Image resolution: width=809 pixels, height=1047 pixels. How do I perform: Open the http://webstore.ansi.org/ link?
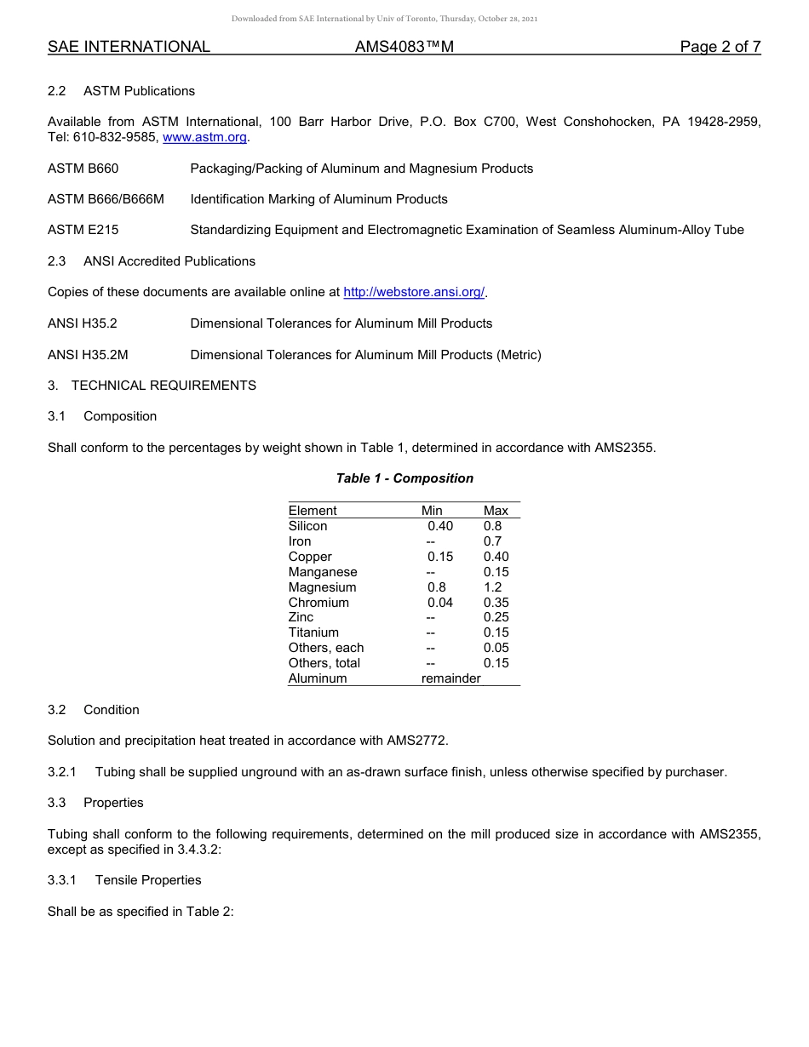pyautogui.click(x=414, y=292)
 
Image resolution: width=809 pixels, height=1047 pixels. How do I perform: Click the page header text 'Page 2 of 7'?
pyautogui.click(x=720, y=48)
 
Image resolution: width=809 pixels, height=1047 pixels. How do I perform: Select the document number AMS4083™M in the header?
pyautogui.click(x=404, y=48)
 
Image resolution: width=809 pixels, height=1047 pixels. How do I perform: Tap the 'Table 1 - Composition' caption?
pyautogui.click(x=404, y=478)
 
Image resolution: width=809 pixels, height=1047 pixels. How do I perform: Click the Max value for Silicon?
pyautogui.click(x=493, y=526)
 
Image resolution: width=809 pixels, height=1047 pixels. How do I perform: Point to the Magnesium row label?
pyautogui.click(x=323, y=587)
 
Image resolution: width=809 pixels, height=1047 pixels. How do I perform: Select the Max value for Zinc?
pyautogui.click(x=496, y=617)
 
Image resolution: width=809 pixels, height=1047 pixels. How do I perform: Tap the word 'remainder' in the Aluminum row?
pyautogui.click(x=451, y=678)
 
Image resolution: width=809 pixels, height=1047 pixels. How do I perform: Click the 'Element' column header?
pyautogui.click(x=313, y=511)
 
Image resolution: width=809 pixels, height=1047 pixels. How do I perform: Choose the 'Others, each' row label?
pyautogui.click(x=326, y=648)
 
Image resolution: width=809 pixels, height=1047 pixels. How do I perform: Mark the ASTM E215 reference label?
pyautogui.click(x=83, y=230)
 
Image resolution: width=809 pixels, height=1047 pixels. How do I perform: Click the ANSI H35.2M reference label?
pyautogui.click(x=88, y=355)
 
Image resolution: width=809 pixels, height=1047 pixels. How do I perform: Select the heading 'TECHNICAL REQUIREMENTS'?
pyautogui.click(x=164, y=386)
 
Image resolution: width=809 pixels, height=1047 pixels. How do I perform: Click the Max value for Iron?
pyautogui.click(x=493, y=541)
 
